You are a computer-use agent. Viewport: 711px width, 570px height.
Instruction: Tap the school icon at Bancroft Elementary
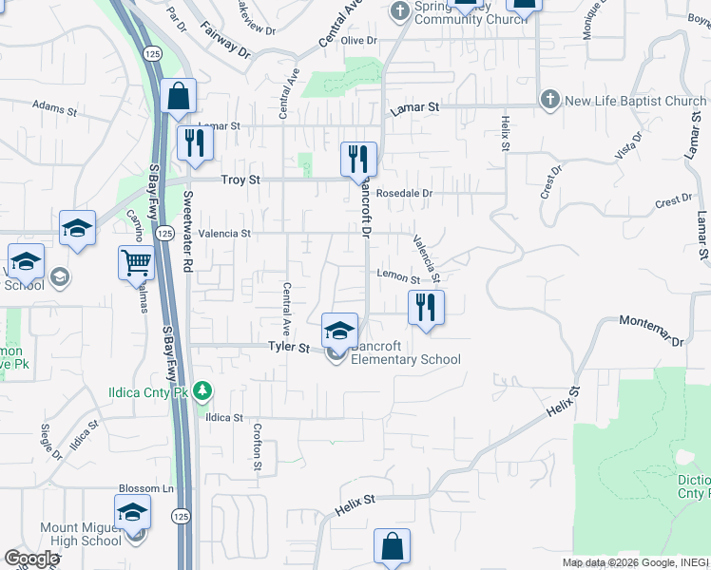339,330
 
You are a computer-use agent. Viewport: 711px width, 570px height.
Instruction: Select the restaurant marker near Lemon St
426,307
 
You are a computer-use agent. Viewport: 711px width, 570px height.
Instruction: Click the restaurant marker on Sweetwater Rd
195,142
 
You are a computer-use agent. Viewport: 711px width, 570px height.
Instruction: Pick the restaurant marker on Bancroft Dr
358,159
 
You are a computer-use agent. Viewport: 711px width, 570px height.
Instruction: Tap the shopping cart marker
137,262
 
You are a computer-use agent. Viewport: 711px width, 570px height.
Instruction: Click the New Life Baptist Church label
635,101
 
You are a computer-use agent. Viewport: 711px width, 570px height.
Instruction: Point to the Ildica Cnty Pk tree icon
202,389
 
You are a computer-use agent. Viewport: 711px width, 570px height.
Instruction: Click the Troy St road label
240,180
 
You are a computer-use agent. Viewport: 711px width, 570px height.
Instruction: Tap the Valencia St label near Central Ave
224,233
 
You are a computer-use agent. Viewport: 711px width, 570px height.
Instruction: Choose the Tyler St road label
289,349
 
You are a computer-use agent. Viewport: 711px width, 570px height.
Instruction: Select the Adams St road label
54,108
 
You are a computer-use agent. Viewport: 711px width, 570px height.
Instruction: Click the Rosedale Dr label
404,193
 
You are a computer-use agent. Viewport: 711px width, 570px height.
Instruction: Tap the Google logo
31,559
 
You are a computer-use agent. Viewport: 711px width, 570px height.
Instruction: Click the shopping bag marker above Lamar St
178,95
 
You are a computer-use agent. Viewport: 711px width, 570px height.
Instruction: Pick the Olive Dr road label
359,41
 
